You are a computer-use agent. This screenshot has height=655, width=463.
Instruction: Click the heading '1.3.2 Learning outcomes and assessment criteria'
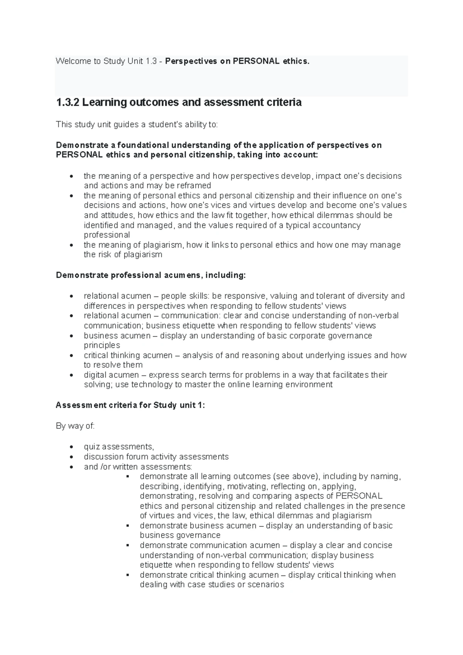(179, 103)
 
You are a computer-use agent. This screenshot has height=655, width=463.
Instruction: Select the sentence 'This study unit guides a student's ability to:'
(137, 125)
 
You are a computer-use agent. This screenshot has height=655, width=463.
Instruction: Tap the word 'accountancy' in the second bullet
(338, 225)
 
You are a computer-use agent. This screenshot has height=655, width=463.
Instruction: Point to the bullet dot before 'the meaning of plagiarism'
(71, 245)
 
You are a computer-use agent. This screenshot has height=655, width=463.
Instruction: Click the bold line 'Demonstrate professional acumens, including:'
(150, 275)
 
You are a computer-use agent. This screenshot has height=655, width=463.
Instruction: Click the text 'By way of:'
(75, 426)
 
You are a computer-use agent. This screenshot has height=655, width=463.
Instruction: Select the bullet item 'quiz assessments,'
(119, 447)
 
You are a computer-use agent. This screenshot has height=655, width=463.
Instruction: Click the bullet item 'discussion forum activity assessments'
(156, 457)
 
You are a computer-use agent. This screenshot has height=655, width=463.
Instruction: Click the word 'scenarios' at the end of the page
(265, 585)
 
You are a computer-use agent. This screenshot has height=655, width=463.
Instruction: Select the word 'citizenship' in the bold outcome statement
(210, 155)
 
